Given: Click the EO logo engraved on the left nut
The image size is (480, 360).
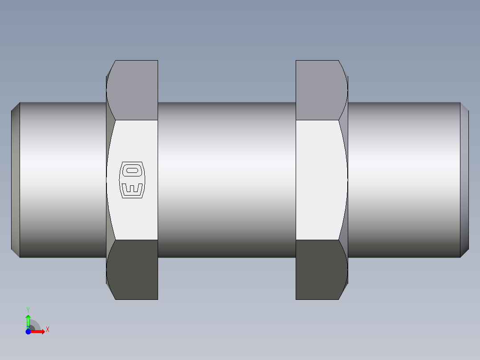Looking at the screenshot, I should click(x=132, y=180).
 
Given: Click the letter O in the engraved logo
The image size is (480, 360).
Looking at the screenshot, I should click(x=132, y=170).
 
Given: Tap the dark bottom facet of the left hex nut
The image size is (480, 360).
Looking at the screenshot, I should click(x=134, y=270).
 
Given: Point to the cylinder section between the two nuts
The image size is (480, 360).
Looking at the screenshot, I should click(x=227, y=180).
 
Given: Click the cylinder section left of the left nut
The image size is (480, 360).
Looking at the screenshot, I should click(x=62, y=180).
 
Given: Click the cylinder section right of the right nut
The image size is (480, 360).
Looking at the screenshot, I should click(x=403, y=180).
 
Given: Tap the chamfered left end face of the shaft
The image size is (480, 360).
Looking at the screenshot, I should click(x=15, y=180).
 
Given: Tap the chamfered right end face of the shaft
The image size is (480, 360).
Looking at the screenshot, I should click(x=464, y=180).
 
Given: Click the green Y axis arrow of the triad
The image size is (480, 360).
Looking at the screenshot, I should click(x=28, y=320).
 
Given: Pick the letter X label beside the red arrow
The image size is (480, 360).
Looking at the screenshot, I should click(x=47, y=330).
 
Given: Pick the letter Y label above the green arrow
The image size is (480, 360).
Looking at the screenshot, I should click(x=28, y=309).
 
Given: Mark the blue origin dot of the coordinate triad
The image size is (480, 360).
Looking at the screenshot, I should click(x=28, y=331).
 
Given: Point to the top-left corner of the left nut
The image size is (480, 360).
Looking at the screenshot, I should click(x=115, y=61).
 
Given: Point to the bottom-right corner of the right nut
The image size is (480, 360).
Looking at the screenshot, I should click(x=339, y=299).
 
